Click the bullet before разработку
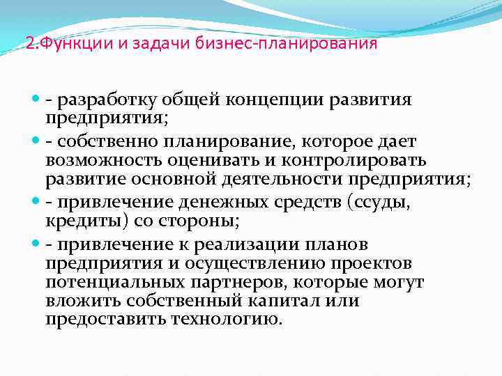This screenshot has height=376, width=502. (38, 100)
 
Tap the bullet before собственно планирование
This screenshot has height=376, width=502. (38, 141)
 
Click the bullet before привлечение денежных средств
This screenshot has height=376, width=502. (38, 203)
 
